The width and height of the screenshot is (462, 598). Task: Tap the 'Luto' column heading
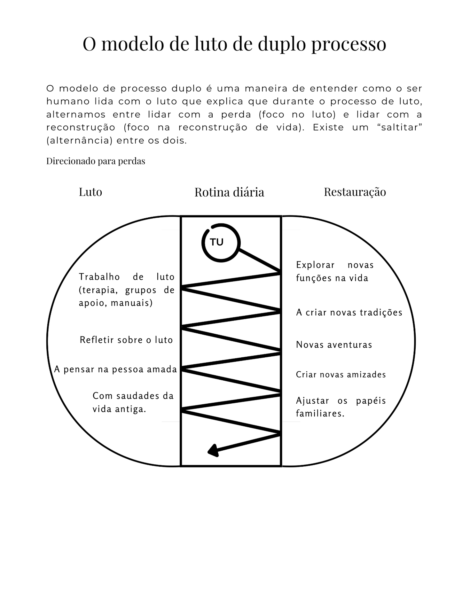click(x=90, y=192)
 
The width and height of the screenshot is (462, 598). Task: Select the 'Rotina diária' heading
click(x=229, y=192)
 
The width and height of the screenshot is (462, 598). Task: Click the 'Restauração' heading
click(x=355, y=192)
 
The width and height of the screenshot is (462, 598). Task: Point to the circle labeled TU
click(x=221, y=243)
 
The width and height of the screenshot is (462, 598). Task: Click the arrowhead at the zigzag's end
click(x=213, y=451)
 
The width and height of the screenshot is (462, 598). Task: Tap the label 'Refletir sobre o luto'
click(x=126, y=340)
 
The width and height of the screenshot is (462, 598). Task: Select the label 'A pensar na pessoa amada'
click(x=115, y=369)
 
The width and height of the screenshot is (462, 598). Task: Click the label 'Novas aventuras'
click(x=334, y=345)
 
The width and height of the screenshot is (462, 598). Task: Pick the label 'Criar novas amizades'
click(x=341, y=375)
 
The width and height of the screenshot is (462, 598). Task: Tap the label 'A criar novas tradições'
click(x=349, y=312)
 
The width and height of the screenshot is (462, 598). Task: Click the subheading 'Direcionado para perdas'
click(x=96, y=161)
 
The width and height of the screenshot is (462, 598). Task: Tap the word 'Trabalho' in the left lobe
click(x=99, y=277)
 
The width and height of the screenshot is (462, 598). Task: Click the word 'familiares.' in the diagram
click(x=320, y=414)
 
